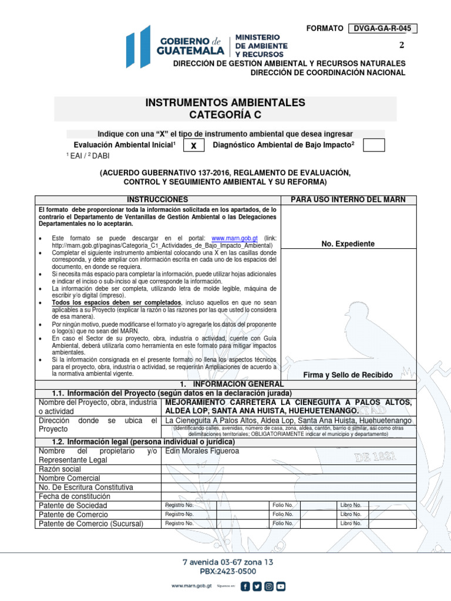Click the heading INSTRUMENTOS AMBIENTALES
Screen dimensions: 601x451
click(x=225, y=103)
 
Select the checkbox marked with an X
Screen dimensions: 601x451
click(x=194, y=145)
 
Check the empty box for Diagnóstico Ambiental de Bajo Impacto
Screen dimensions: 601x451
click(x=373, y=145)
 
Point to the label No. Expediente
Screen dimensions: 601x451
click(x=348, y=244)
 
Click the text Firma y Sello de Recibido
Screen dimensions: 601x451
click(x=348, y=374)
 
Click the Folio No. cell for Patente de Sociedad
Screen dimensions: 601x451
click(x=282, y=505)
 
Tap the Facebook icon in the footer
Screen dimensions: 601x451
click(x=245, y=586)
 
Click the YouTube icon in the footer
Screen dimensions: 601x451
click(x=281, y=586)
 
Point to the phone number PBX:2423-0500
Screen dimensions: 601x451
click(x=227, y=571)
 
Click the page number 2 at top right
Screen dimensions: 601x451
click(x=402, y=46)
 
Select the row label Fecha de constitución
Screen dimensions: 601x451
click(x=74, y=496)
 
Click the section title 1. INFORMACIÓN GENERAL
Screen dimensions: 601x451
click(x=225, y=384)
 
